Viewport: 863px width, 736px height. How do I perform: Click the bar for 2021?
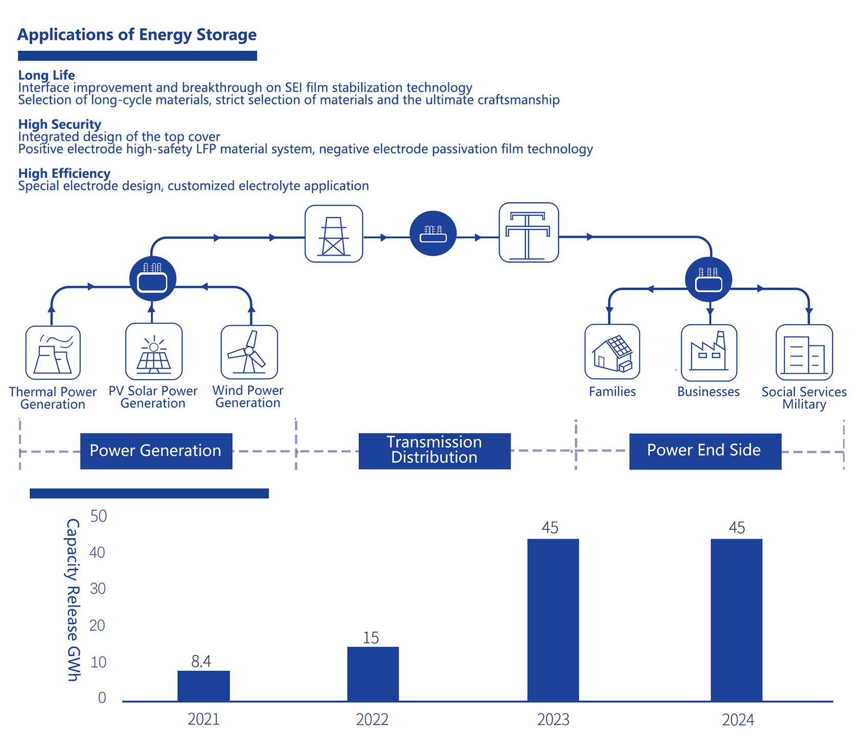pos(203,685)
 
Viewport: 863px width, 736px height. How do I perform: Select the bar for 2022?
pos(373,674)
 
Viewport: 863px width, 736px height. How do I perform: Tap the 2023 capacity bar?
pos(553,620)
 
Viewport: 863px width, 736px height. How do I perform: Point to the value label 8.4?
pos(201,661)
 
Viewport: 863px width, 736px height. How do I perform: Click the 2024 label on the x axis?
pos(738,720)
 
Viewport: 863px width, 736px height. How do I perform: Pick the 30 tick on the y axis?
pos(98,589)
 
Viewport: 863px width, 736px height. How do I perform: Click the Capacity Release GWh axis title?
pos(73,600)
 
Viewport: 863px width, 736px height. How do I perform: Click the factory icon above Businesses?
pos(709,352)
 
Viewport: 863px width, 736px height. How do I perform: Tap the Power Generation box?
pos(156,451)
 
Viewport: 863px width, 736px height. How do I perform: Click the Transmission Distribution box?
pos(435,451)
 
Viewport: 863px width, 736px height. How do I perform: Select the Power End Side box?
pos(706,451)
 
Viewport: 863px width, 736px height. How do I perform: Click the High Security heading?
pos(60,124)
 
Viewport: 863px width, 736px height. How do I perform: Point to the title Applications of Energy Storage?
pos(137,35)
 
